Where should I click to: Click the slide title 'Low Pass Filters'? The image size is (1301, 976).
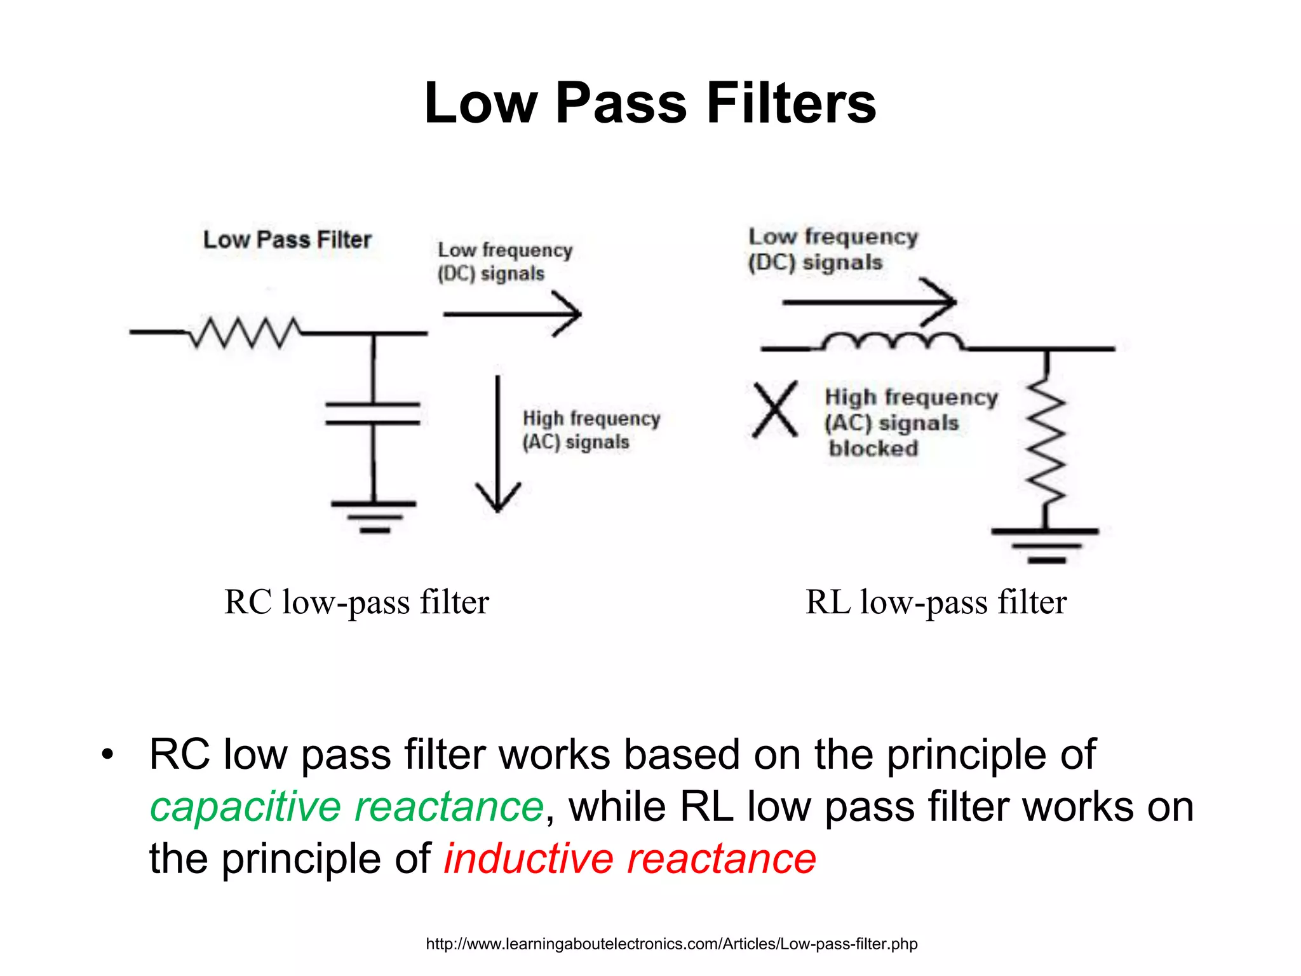pyautogui.click(x=650, y=104)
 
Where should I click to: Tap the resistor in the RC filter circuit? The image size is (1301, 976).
pyautogui.click(x=245, y=332)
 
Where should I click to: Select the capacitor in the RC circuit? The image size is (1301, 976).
pyautogui.click(x=373, y=413)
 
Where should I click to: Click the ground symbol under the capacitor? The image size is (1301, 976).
pyautogui.click(x=374, y=515)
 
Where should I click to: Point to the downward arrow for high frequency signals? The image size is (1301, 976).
pyautogui.click(x=498, y=445)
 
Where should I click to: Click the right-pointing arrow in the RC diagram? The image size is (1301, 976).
pyautogui.click(x=512, y=313)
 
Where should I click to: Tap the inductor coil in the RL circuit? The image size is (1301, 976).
pyautogui.click(x=893, y=342)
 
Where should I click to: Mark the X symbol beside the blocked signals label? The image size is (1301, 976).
pyautogui.click(x=775, y=410)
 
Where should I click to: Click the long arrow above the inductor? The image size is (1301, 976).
pyautogui.click(x=869, y=302)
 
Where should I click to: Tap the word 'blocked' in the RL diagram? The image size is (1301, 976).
pyautogui.click(x=873, y=449)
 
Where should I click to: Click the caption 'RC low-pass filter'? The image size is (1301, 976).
pyautogui.click(x=356, y=602)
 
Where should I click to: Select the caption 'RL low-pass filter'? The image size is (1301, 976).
pyautogui.click(x=936, y=602)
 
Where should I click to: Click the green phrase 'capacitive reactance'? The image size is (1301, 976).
pyautogui.click(x=347, y=807)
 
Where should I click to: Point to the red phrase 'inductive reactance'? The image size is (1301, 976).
pyautogui.click(x=630, y=859)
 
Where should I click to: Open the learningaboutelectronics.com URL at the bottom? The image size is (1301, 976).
pyautogui.click(x=671, y=944)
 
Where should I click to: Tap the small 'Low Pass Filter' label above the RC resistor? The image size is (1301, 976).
pyautogui.click(x=287, y=240)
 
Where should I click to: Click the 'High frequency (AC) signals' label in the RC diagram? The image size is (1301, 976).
pyautogui.click(x=591, y=430)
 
